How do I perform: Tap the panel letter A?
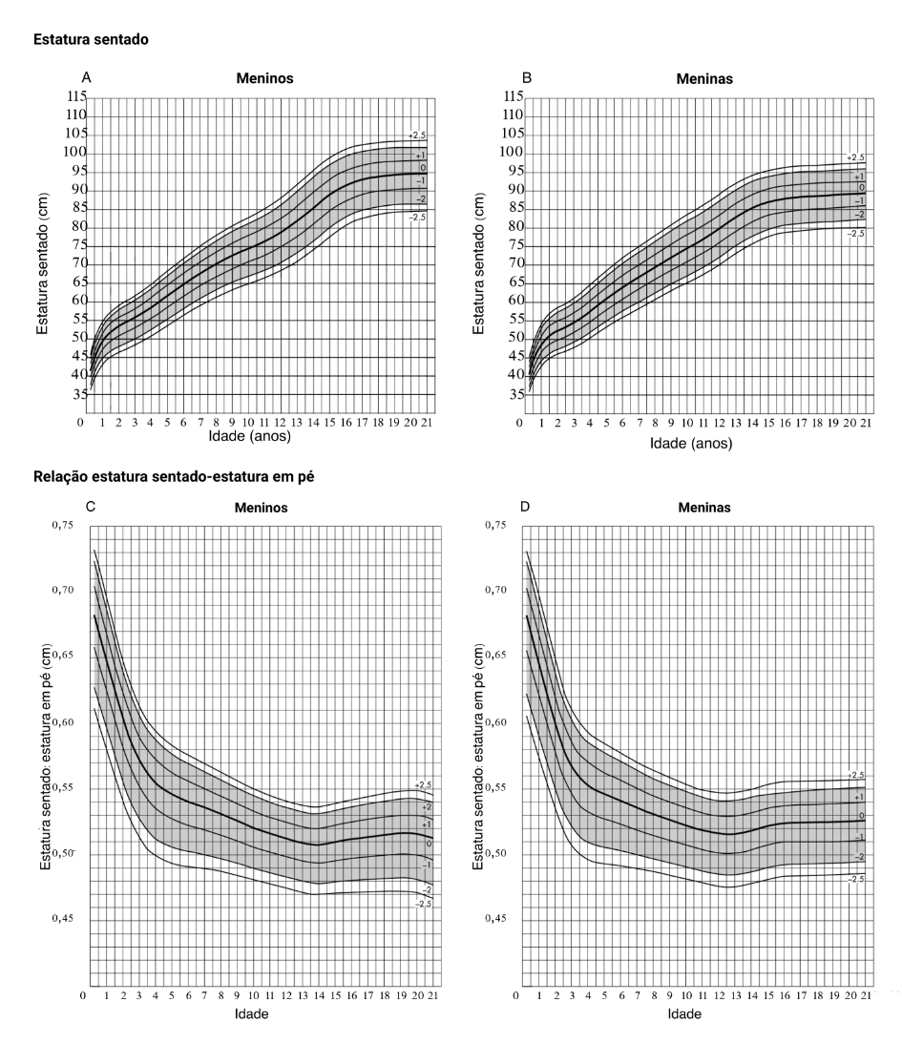pyautogui.click(x=87, y=76)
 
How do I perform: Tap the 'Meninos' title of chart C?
pyautogui.click(x=264, y=508)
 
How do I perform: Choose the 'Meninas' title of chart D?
pyautogui.click(x=701, y=508)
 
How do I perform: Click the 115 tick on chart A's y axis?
pyautogui.click(x=75, y=97)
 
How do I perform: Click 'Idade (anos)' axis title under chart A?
pyautogui.click(x=249, y=436)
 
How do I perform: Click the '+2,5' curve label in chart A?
pyautogui.click(x=417, y=136)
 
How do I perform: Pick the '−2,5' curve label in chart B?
pyautogui.click(x=855, y=233)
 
